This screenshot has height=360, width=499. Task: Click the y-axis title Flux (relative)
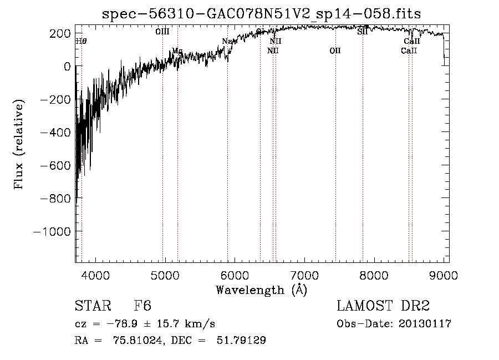pyautogui.click(x=19, y=145)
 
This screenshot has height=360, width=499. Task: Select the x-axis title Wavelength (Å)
pyautogui.click(x=261, y=290)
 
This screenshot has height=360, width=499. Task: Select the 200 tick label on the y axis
pyautogui.click(x=60, y=33)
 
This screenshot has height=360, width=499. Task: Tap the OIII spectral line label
pyautogui.click(x=162, y=32)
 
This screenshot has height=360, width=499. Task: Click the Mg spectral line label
pyautogui.click(x=177, y=51)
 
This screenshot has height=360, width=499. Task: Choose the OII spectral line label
pyautogui.click(x=335, y=51)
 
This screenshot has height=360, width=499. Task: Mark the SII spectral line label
pyautogui.click(x=363, y=32)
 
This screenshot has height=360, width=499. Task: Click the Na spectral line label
pyautogui.click(x=227, y=41)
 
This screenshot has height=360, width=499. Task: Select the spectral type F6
pyautogui.click(x=142, y=306)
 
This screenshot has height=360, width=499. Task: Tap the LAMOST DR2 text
pyautogui.click(x=383, y=306)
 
